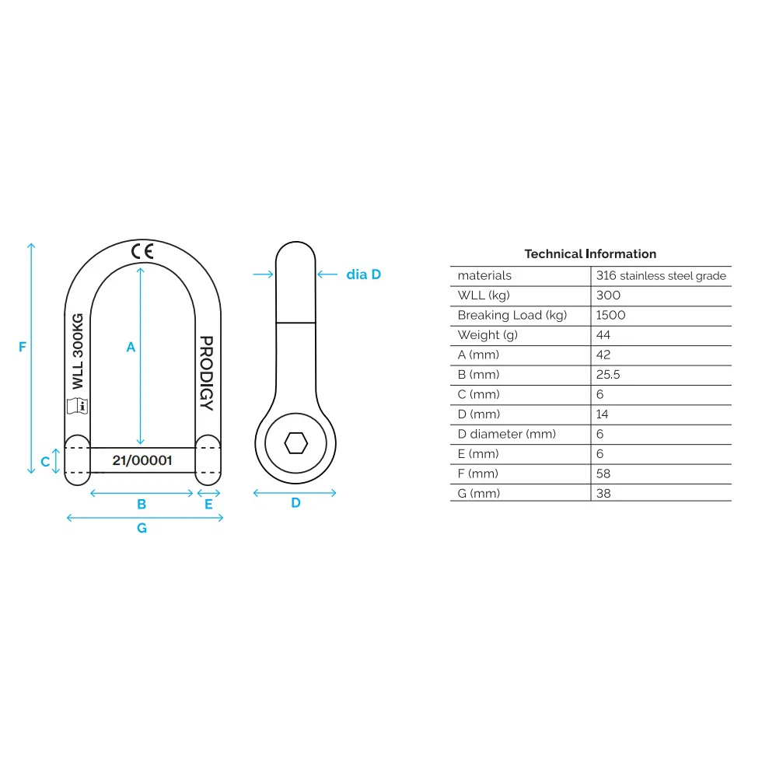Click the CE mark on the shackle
pos(142,251)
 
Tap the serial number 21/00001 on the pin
pos(142,460)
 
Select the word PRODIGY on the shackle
pos(206,373)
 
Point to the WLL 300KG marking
pos(77,352)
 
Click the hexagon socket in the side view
pos(295,443)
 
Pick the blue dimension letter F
pos(23,347)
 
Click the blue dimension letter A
pos(131,348)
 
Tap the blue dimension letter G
pos(142,528)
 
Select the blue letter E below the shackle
pos(208,505)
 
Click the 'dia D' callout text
pos(363,274)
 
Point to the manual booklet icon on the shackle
pos(77,405)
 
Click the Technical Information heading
pos(590,253)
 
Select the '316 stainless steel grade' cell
pos(661,276)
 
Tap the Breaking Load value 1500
pos(610,315)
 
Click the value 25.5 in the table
pos(608,375)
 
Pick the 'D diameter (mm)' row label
pos(507,434)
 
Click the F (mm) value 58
pos(603,474)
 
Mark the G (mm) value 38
pos(603,493)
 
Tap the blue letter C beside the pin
pos(45,461)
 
